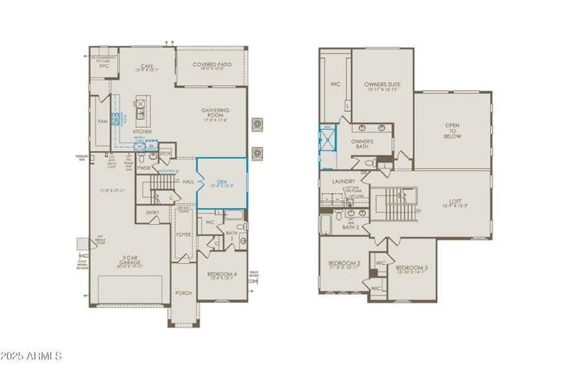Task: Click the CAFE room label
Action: pyautogui.click(x=147, y=66)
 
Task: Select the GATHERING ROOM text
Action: pyautogui.click(x=215, y=113)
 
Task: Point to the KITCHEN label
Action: pyautogui.click(x=142, y=132)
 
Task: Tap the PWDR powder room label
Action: pyautogui.click(x=144, y=168)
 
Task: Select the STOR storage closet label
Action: pyautogui.click(x=165, y=153)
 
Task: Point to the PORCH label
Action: pyautogui.click(x=184, y=293)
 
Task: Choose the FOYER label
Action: pyautogui.click(x=184, y=235)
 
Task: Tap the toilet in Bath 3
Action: pyautogui.click(x=242, y=241)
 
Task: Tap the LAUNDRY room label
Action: pyautogui.click(x=343, y=182)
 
